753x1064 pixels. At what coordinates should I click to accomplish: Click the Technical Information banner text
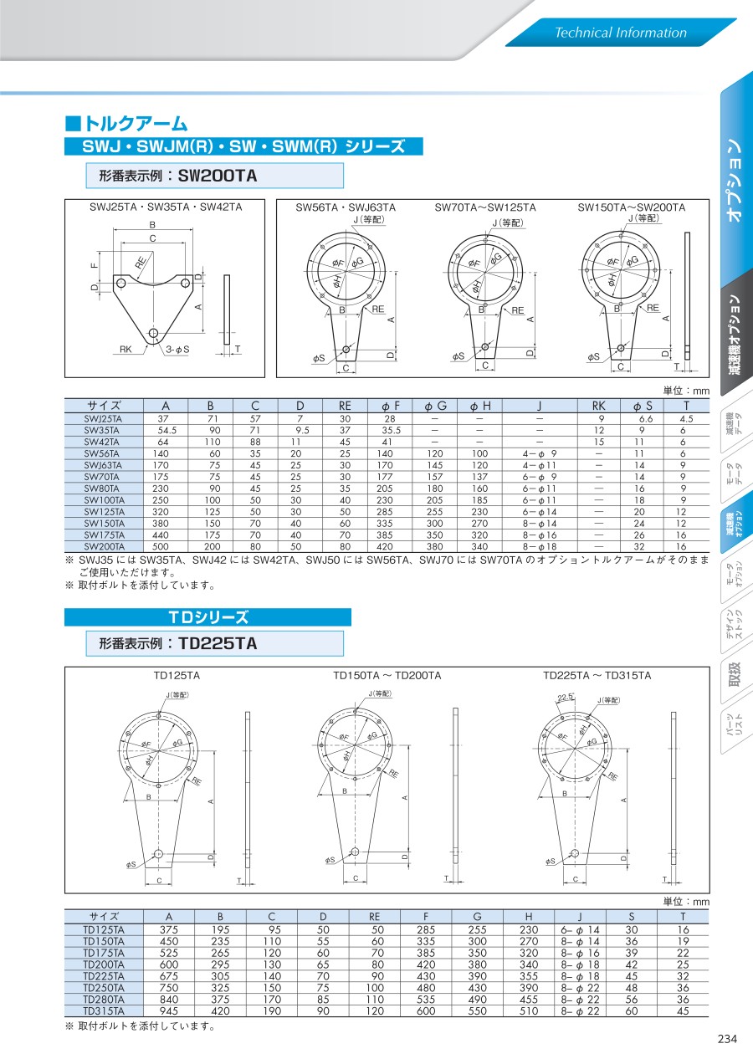[621, 33]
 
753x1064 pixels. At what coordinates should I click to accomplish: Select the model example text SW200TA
[217, 176]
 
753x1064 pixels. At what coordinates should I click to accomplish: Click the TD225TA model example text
[218, 643]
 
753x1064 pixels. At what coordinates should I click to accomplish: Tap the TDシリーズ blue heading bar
[207, 617]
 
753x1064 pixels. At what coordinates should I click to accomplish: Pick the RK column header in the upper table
[598, 406]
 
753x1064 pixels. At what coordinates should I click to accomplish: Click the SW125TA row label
[104, 512]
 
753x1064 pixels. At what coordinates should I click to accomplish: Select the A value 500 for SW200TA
[161, 546]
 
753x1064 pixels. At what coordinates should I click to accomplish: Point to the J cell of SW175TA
[539, 535]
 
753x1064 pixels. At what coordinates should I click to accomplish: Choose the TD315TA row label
[104, 1010]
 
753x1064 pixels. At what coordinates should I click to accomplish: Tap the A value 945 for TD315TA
[169, 1010]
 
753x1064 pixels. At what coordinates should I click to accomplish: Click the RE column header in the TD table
[374, 916]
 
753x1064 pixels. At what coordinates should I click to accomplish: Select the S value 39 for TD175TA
[632, 953]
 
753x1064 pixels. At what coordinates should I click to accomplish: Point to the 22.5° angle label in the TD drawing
[566, 698]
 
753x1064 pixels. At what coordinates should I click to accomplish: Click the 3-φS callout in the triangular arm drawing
[177, 350]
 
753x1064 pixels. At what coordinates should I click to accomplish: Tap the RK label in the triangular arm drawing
[125, 350]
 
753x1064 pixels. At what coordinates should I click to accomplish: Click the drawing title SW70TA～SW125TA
[485, 207]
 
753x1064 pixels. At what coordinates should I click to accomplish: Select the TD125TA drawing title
[177, 675]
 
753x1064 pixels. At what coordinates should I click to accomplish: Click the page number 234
[727, 1039]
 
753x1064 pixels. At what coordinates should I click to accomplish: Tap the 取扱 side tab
[735, 674]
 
